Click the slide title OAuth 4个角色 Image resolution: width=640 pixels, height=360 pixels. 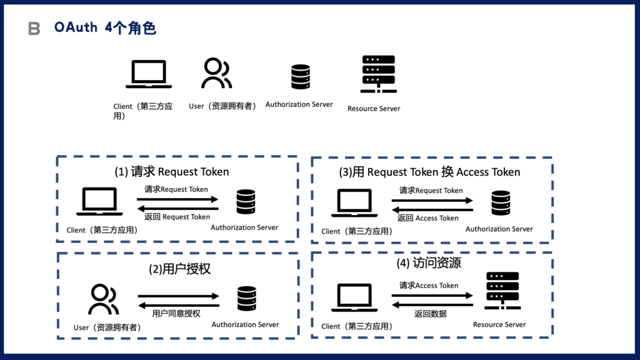105,28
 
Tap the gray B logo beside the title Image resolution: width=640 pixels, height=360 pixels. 34,29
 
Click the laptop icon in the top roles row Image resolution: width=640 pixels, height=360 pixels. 149,74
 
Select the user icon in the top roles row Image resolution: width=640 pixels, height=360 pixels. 216,73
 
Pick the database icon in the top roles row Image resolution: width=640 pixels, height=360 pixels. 301,77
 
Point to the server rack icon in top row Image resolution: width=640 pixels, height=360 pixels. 379,74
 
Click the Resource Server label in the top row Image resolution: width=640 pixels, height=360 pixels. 374,109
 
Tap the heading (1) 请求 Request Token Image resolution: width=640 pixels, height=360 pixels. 171,172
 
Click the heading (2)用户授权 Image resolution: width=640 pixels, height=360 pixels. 179,269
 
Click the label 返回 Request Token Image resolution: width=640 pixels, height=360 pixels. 177,217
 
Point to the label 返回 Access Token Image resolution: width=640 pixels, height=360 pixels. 428,218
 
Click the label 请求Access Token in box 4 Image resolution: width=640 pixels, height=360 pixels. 429,286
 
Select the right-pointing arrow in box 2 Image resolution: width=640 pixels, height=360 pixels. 179,296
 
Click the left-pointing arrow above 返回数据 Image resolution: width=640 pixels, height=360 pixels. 432,304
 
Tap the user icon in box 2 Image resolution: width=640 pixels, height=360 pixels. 103,299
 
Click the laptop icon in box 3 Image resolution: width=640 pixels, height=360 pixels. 354,204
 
